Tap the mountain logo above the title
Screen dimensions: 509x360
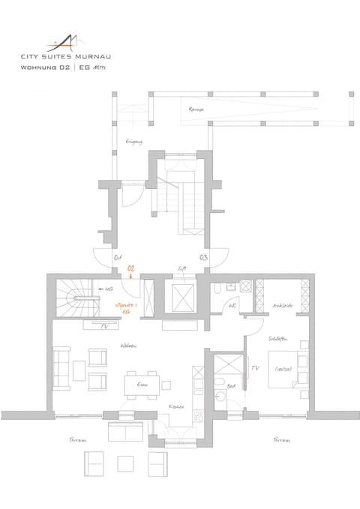[x=68, y=40]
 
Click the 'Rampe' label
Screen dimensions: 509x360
[x=197, y=107]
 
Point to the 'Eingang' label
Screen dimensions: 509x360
[x=133, y=142]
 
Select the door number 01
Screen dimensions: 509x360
[x=117, y=258]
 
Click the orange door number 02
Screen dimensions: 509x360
[x=131, y=268]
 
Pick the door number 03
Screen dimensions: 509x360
[x=203, y=258]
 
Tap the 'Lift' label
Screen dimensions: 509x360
[x=181, y=268]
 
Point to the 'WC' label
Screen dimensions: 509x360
[x=232, y=306]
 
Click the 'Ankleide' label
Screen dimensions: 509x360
[x=282, y=305]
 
